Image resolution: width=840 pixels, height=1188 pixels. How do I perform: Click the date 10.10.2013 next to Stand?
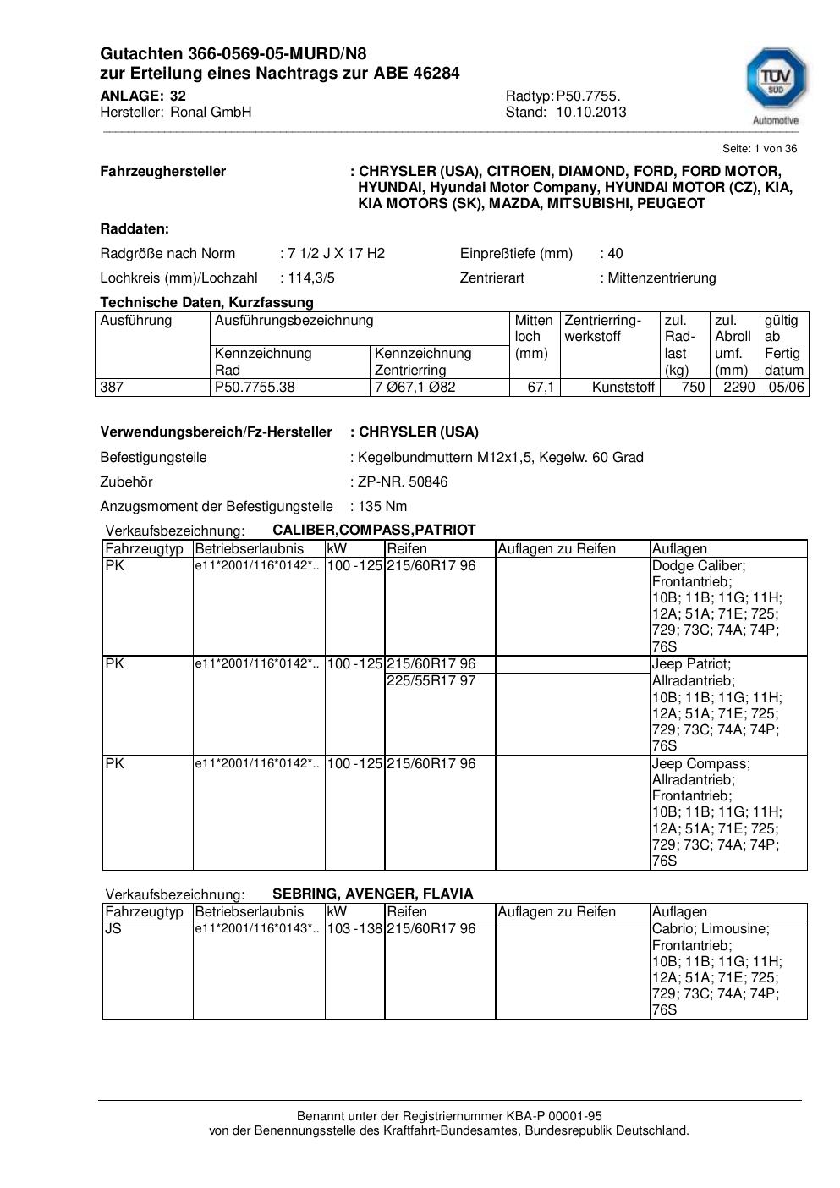click(x=591, y=112)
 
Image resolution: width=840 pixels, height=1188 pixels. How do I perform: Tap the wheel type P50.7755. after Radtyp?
click(x=588, y=96)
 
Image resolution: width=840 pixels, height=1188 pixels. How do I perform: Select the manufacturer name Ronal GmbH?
click(x=211, y=112)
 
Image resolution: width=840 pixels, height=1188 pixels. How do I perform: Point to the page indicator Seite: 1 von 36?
click(x=759, y=148)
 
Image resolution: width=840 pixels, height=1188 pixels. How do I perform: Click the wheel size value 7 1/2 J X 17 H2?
click(x=336, y=253)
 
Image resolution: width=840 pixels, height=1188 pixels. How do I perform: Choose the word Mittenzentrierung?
click(x=662, y=278)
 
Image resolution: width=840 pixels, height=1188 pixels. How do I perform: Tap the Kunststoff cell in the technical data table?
click(x=623, y=388)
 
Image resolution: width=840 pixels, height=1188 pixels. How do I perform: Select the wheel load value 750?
click(x=693, y=388)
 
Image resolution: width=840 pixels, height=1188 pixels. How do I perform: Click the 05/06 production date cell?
click(x=786, y=388)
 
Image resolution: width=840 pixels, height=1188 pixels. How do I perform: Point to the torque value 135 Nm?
click(x=382, y=506)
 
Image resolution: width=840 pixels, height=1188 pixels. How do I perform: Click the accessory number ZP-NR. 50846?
click(x=403, y=481)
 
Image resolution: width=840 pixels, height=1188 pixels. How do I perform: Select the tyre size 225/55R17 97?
click(x=431, y=680)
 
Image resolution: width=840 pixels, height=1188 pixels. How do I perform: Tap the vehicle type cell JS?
click(x=113, y=928)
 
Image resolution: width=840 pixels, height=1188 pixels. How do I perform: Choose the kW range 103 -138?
click(x=354, y=928)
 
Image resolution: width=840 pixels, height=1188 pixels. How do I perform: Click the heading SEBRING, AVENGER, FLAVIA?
click(x=372, y=894)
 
